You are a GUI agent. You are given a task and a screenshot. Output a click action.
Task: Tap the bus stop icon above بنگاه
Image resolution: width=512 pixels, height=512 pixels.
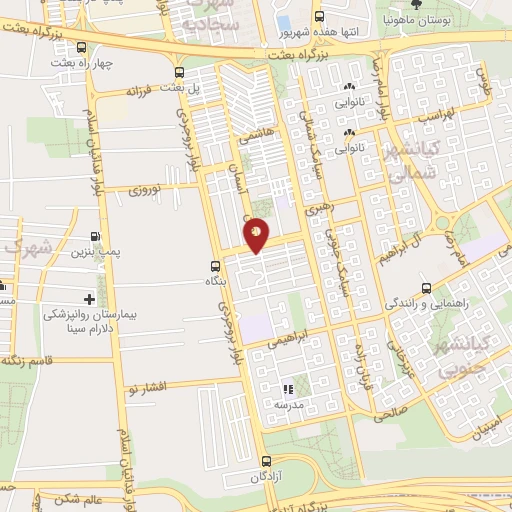click(x=215, y=266)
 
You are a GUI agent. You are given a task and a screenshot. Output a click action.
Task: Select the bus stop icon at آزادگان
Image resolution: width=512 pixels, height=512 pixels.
click(x=266, y=461)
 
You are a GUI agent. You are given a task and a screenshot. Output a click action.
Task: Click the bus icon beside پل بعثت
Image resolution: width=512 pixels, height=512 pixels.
click(x=179, y=72)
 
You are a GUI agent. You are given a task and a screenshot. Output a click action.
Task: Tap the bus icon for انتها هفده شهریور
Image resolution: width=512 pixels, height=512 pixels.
click(x=319, y=17)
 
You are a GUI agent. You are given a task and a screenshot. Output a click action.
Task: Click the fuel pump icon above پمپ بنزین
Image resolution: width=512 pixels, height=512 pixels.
click(x=94, y=237)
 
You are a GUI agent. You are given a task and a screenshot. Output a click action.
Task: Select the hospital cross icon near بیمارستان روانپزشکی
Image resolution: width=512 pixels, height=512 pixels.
click(x=90, y=299)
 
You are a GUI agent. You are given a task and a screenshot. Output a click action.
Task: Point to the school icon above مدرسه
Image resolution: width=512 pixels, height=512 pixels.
click(x=288, y=389)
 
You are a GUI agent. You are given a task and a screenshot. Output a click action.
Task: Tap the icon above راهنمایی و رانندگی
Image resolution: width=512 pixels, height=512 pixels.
click(x=426, y=286)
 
